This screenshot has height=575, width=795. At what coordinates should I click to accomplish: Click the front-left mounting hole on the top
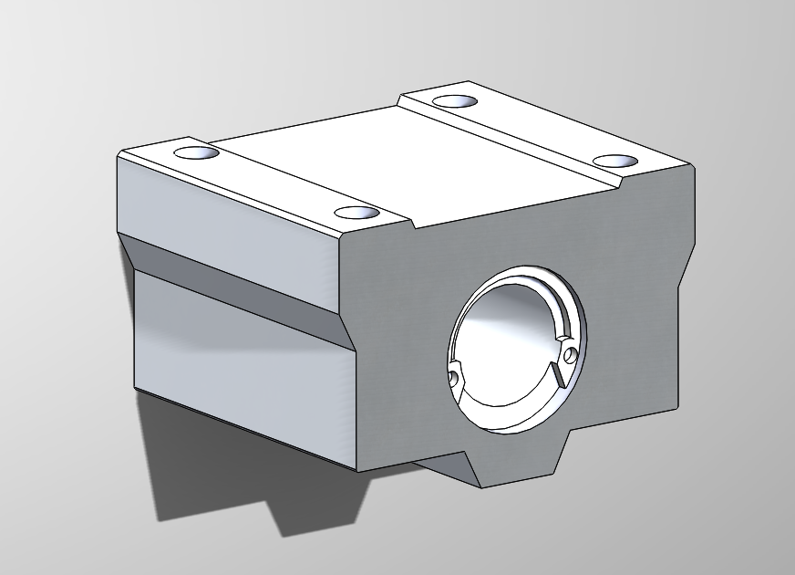(356, 213)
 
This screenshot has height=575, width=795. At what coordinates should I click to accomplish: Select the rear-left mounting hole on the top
(198, 152)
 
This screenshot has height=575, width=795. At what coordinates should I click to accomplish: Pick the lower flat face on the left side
(237, 365)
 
